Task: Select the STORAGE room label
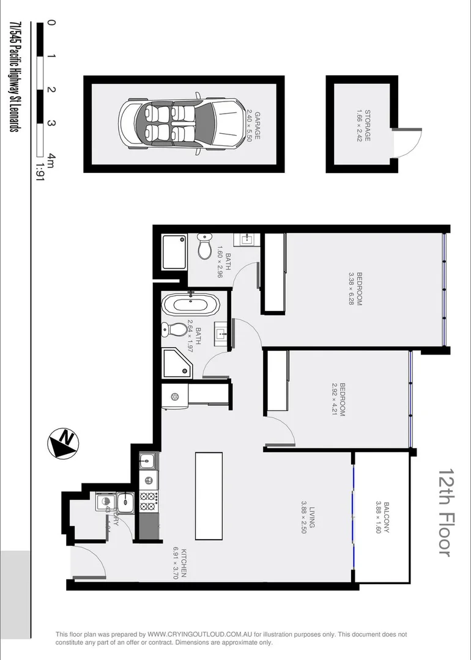coord(363,126)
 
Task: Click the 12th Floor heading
coord(445,513)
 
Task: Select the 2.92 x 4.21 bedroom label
coord(338,400)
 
